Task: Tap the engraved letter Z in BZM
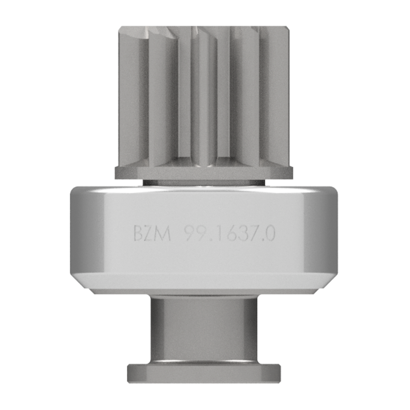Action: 149,233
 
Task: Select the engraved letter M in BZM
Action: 163,233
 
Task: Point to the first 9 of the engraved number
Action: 189,233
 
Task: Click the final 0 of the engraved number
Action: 270,233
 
